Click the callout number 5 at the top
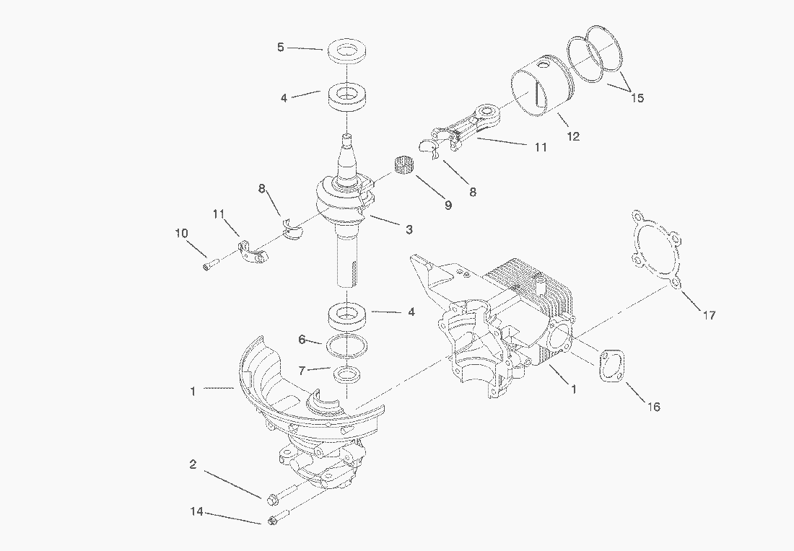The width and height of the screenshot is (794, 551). (x=281, y=47)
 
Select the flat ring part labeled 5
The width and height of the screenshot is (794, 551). (x=347, y=51)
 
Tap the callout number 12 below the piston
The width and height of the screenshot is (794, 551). (x=572, y=136)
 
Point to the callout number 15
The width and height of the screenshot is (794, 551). (x=637, y=97)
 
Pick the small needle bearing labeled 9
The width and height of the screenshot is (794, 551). (x=403, y=165)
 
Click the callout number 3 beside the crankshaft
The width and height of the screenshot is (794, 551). (x=409, y=229)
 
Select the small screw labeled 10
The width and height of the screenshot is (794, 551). (x=210, y=264)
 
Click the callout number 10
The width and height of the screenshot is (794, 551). (x=181, y=233)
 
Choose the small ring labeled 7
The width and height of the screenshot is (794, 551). (x=347, y=375)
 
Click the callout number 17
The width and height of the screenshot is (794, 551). (x=710, y=315)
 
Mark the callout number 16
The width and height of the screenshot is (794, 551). (x=654, y=406)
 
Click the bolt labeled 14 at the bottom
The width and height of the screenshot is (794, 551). (x=278, y=517)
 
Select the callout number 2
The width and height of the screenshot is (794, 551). (x=193, y=464)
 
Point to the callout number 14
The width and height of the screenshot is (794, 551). (x=196, y=511)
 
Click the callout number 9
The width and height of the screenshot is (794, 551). (x=448, y=205)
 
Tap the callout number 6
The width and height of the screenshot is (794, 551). (x=302, y=340)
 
